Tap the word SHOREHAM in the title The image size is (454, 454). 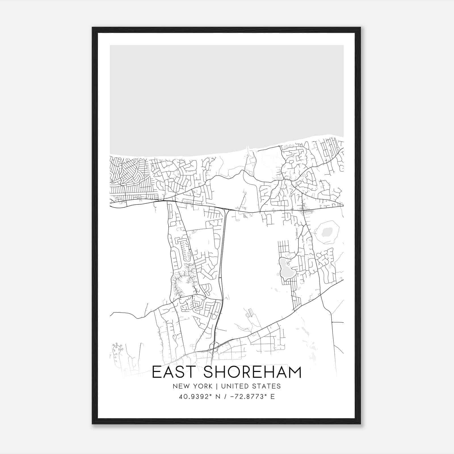click(x=252, y=372)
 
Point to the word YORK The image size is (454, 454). click(x=203, y=386)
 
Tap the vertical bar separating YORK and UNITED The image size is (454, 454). click(x=217, y=386)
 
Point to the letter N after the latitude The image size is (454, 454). click(x=218, y=397)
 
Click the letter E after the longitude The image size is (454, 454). click(x=273, y=397)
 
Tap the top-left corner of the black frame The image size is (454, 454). click(x=93, y=28)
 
